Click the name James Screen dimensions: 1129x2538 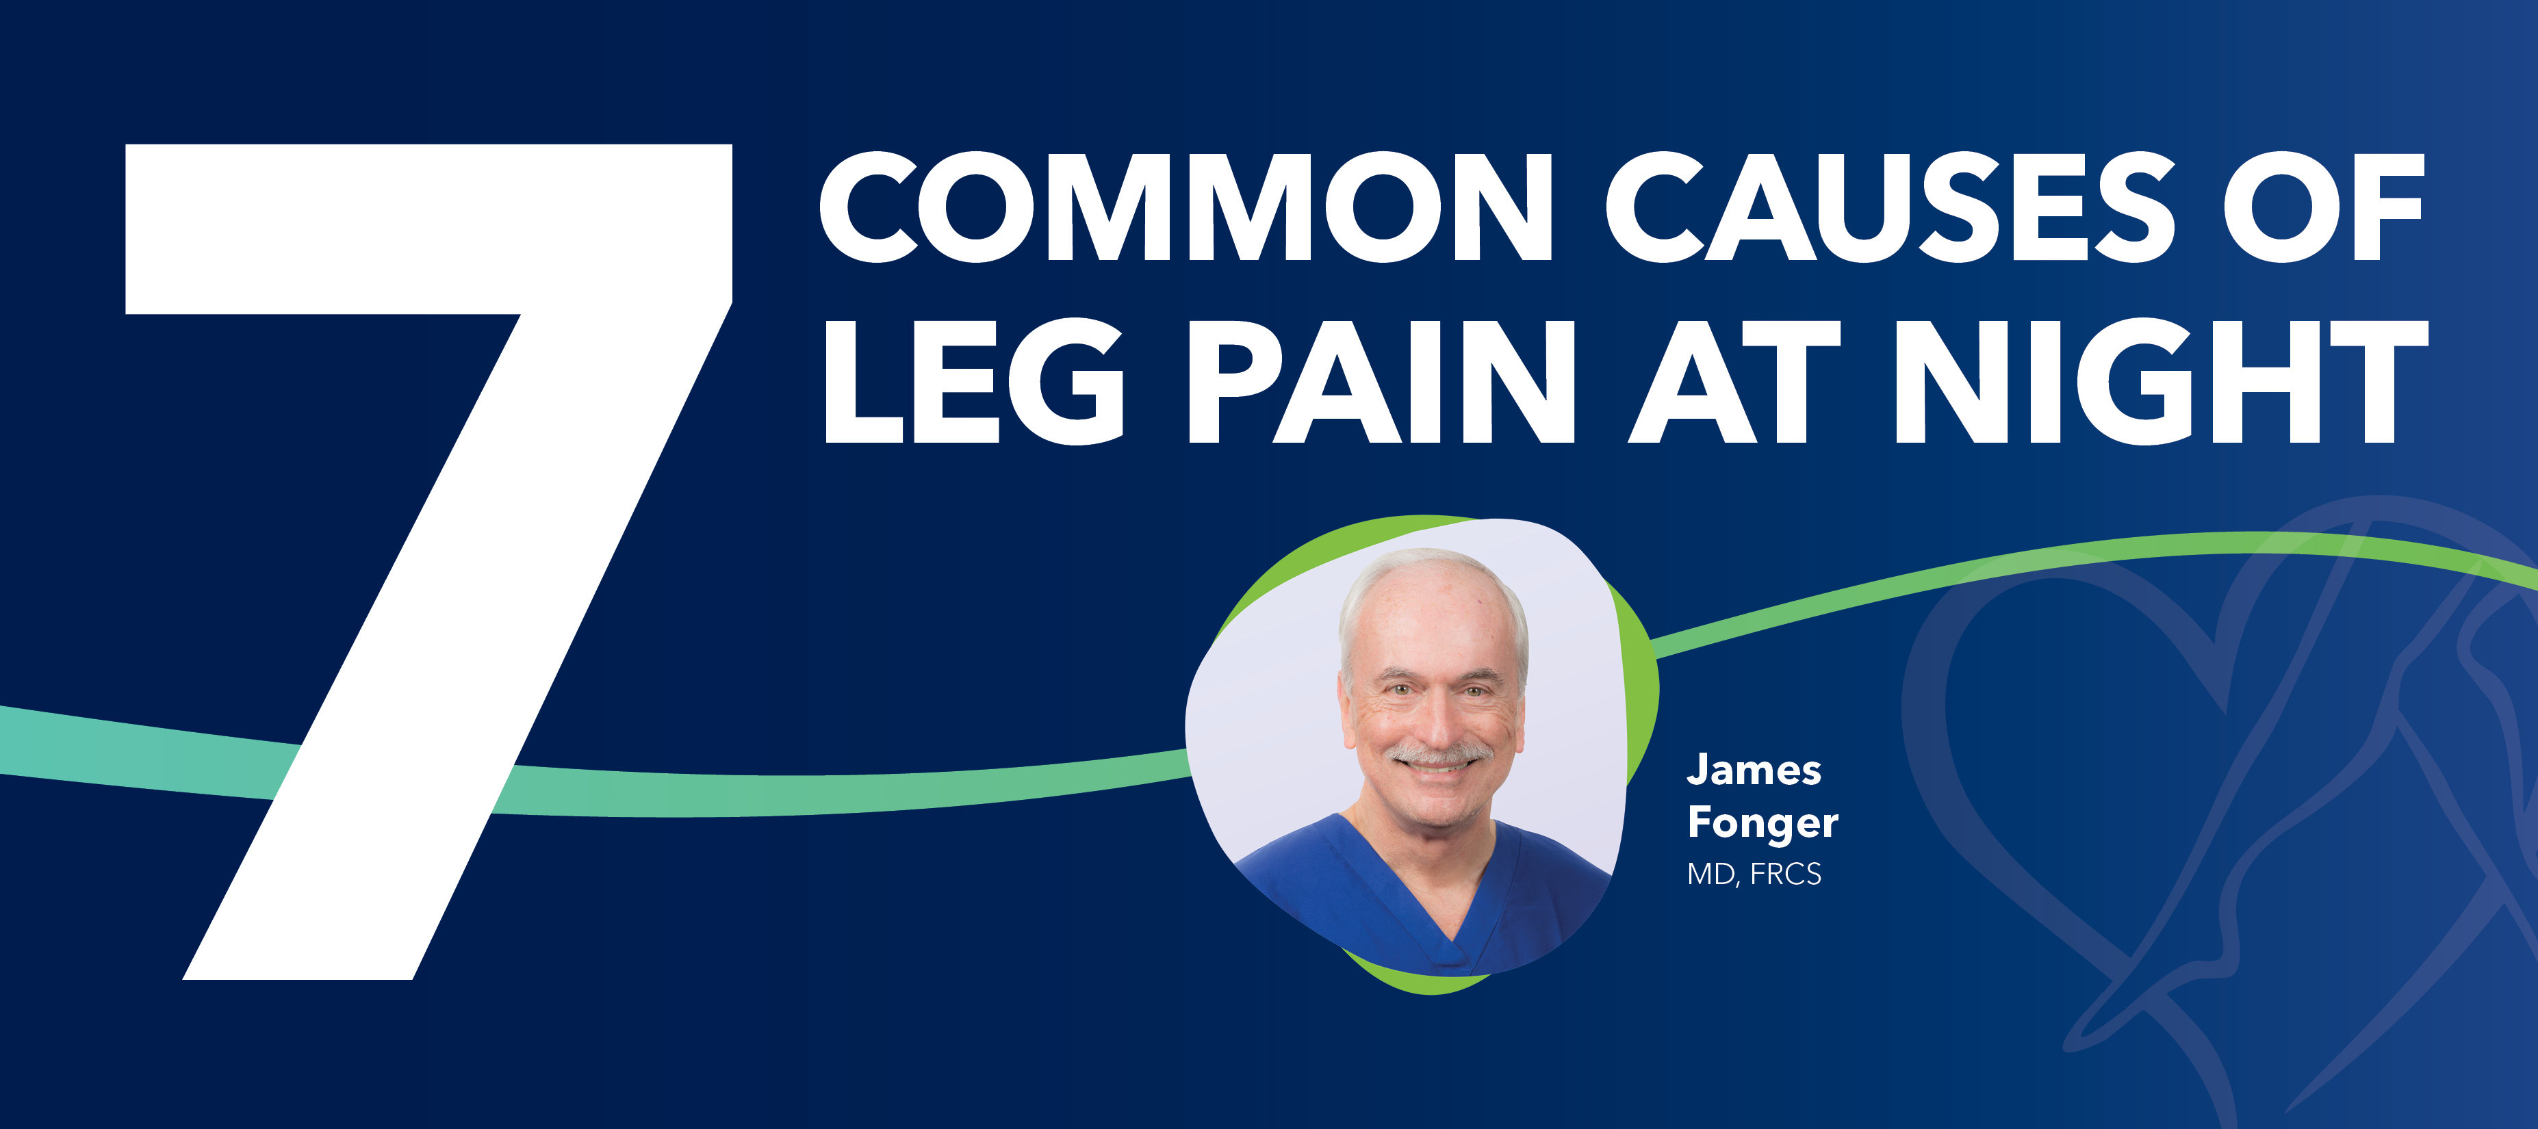tap(1754, 770)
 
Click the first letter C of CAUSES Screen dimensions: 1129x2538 tap(1660, 208)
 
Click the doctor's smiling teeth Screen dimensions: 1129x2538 tap(1437, 768)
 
